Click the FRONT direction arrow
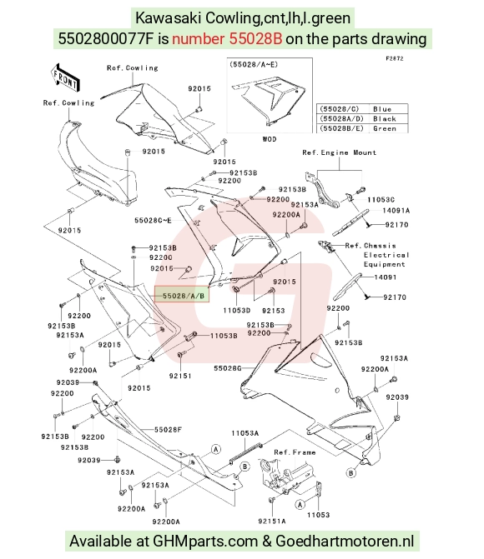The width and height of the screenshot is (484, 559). tap(64, 79)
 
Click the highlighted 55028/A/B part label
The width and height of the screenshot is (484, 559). tap(181, 296)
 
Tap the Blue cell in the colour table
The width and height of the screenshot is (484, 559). tap(382, 109)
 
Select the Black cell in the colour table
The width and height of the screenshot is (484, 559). tap(385, 119)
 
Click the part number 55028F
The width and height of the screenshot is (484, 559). tap(168, 430)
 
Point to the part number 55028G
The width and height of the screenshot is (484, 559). tap(228, 368)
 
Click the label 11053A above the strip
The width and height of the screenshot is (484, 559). tap(245, 433)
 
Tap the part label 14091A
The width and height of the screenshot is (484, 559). tap(396, 210)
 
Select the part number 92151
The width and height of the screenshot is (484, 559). tap(180, 376)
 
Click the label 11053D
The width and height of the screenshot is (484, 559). tap(237, 311)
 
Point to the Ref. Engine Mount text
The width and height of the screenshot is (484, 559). tap(340, 152)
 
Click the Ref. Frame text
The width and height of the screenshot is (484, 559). tap(295, 452)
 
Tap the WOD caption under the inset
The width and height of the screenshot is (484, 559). tap(270, 139)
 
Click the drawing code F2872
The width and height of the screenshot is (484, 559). tap(395, 58)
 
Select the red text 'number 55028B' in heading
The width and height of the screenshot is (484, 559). tap(227, 39)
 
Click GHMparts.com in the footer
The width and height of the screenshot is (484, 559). tap(205, 542)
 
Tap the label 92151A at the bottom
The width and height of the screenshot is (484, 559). tap(272, 522)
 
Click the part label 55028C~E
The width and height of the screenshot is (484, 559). tap(153, 220)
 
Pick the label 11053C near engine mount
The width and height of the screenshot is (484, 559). tap(381, 200)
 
